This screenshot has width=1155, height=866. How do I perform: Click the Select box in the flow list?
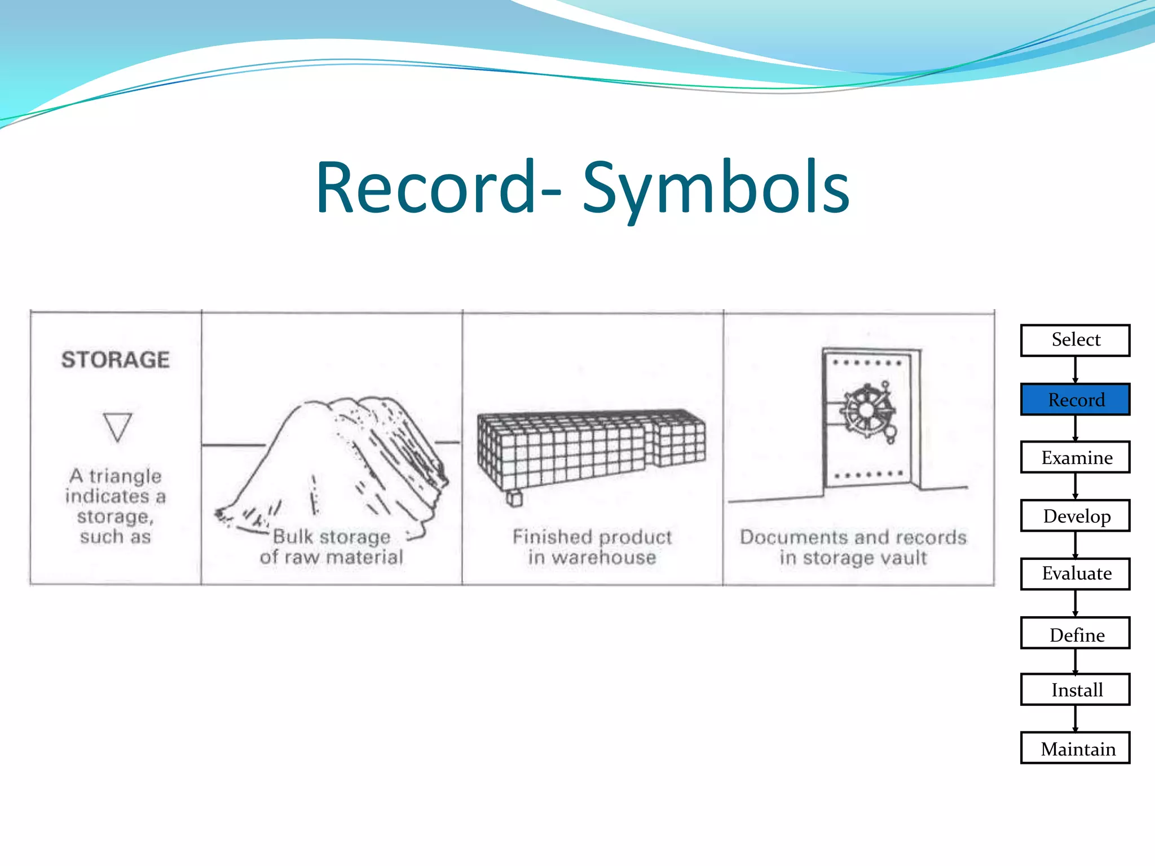[1075, 340]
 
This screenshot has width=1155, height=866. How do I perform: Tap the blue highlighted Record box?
[1075, 399]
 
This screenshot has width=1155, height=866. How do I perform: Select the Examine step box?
[1075, 457]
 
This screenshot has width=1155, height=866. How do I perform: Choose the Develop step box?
[1075, 515]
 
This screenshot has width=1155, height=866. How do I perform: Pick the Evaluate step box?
[1075, 573]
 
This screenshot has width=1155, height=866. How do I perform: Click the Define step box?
[1075, 633]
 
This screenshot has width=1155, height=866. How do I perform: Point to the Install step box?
[1075, 690]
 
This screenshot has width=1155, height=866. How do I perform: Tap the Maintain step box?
[1075, 748]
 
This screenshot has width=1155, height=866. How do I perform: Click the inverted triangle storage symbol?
[117, 426]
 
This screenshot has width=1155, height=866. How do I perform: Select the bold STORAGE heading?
[116, 360]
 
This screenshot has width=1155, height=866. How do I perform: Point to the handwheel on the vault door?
[867, 409]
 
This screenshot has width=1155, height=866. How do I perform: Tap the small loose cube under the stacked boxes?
[514, 498]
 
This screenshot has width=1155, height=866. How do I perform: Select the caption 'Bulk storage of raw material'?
[332, 547]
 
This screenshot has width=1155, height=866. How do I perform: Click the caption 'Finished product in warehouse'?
[592, 547]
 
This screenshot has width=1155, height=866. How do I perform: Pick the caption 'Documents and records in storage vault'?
[853, 547]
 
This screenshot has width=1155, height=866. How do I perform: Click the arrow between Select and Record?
[1075, 370]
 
